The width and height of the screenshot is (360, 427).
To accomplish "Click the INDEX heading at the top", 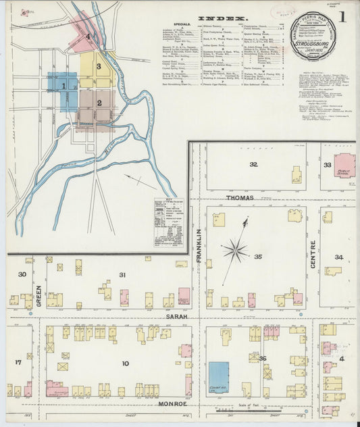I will (224, 19).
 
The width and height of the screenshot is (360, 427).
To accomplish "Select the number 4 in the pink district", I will (88, 36).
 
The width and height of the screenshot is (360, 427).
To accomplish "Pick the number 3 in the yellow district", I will (99, 66).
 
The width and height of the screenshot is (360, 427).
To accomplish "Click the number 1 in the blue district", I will (64, 86).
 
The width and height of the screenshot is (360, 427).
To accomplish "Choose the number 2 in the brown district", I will (99, 103).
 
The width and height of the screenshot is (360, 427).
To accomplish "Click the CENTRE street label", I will (313, 255).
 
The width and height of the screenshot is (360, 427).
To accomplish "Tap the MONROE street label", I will (172, 403).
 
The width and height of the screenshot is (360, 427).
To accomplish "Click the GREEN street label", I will (39, 295).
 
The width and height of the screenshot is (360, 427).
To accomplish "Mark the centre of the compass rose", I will (235, 251).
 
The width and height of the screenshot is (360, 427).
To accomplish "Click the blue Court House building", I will (218, 376).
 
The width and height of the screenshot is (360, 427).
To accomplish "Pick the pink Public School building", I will (344, 166).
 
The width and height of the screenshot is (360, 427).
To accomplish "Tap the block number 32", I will (253, 164).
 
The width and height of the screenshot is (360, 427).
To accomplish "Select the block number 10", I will (125, 364).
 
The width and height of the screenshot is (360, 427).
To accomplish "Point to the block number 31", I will (122, 274).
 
